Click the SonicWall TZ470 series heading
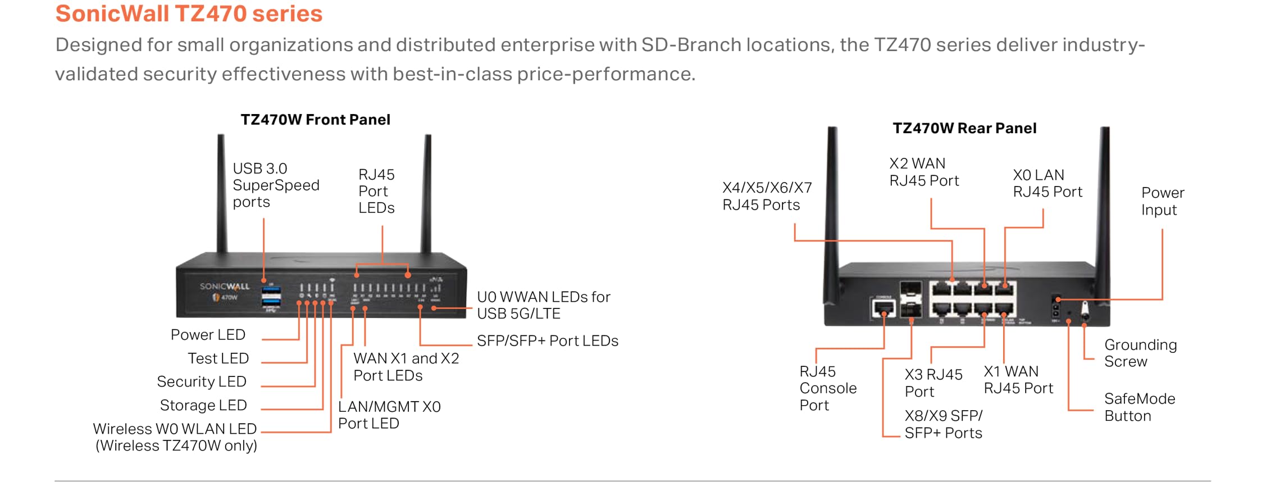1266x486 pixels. tap(189, 14)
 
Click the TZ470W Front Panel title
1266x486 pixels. tap(315, 120)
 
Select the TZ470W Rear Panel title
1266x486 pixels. tap(964, 128)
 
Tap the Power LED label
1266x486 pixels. tap(208, 335)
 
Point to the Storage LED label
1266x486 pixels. tap(203, 405)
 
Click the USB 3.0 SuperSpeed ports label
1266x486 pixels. tap(275, 185)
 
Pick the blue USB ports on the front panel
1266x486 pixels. tap(271, 297)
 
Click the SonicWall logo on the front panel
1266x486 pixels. tap(224, 287)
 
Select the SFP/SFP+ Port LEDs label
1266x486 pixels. tap(547, 341)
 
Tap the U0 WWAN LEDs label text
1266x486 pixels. tap(543, 305)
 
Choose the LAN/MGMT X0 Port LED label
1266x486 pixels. tap(389, 415)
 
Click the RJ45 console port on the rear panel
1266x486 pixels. tap(883, 307)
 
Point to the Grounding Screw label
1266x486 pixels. tap(1140, 353)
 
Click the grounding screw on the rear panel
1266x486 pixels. tap(1085, 310)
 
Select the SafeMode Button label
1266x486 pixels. tap(1139, 407)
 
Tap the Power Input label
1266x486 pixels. tap(1162, 201)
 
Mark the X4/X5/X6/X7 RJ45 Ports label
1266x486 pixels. tap(766, 196)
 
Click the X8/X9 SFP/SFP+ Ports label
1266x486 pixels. tap(943, 424)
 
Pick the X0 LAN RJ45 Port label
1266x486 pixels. tap(1047, 183)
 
